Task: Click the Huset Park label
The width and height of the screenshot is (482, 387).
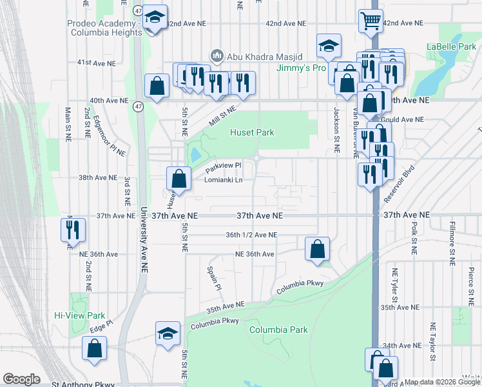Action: coord(252,132)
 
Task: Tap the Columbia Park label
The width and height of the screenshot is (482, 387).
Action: coord(278,330)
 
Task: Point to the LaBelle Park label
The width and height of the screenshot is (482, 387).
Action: coord(451,46)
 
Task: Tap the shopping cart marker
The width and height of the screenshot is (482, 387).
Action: coord(371,21)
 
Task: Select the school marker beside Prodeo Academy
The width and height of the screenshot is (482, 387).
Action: coord(155,17)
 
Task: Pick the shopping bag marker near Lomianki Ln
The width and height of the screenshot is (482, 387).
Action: coord(179,178)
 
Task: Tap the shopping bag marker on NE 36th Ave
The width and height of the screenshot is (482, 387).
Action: coord(317,248)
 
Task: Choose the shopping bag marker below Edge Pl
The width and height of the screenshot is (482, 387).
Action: coord(95,348)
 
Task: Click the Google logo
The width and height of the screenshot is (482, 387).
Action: coord(21,379)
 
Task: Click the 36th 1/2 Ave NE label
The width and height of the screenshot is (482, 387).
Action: coord(251,235)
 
